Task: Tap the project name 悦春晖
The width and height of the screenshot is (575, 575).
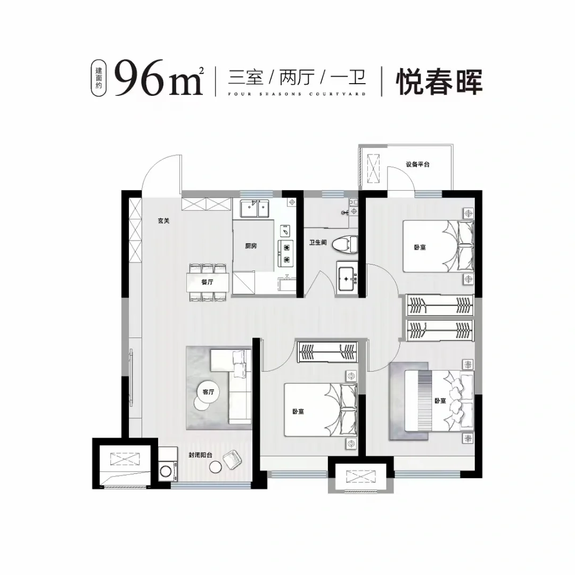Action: point(439,81)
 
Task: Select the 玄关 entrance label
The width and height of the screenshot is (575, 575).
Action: point(163,221)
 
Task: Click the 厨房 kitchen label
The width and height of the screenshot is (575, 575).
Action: point(251,246)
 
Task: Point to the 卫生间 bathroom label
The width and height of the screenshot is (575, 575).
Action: point(317,242)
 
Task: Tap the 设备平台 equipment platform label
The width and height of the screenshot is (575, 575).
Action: point(417,165)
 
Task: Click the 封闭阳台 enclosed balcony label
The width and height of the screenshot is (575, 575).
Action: point(200,455)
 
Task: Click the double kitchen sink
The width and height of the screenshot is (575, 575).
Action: point(254,208)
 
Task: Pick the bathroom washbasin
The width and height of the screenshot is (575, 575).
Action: point(347,279)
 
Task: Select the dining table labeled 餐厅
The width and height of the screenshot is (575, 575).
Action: point(208,282)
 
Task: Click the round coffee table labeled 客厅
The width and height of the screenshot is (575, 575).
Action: point(208,392)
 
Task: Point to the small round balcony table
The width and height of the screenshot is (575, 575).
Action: point(216,467)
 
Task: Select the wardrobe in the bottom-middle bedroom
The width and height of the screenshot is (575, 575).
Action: point(327,352)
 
